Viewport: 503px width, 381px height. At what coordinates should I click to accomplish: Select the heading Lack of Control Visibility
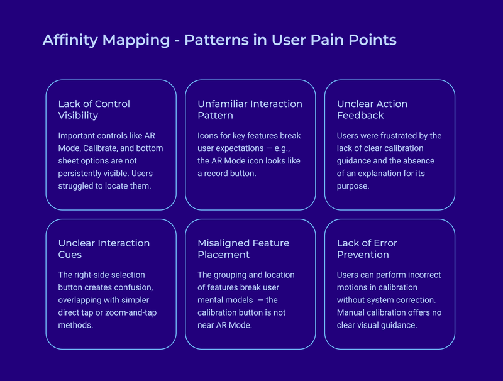pyautogui.click(x=94, y=109)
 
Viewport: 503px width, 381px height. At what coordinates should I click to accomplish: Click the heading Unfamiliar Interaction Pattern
pyautogui.click(x=250, y=109)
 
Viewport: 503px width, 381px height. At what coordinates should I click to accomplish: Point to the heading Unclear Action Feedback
pyautogui.click(x=372, y=109)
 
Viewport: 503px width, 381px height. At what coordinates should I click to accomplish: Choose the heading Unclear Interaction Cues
pyautogui.click(x=104, y=248)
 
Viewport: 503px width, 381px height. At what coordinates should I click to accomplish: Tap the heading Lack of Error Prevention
pyautogui.click(x=367, y=248)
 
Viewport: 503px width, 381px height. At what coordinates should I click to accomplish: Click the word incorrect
pyautogui.click(x=420, y=275)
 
